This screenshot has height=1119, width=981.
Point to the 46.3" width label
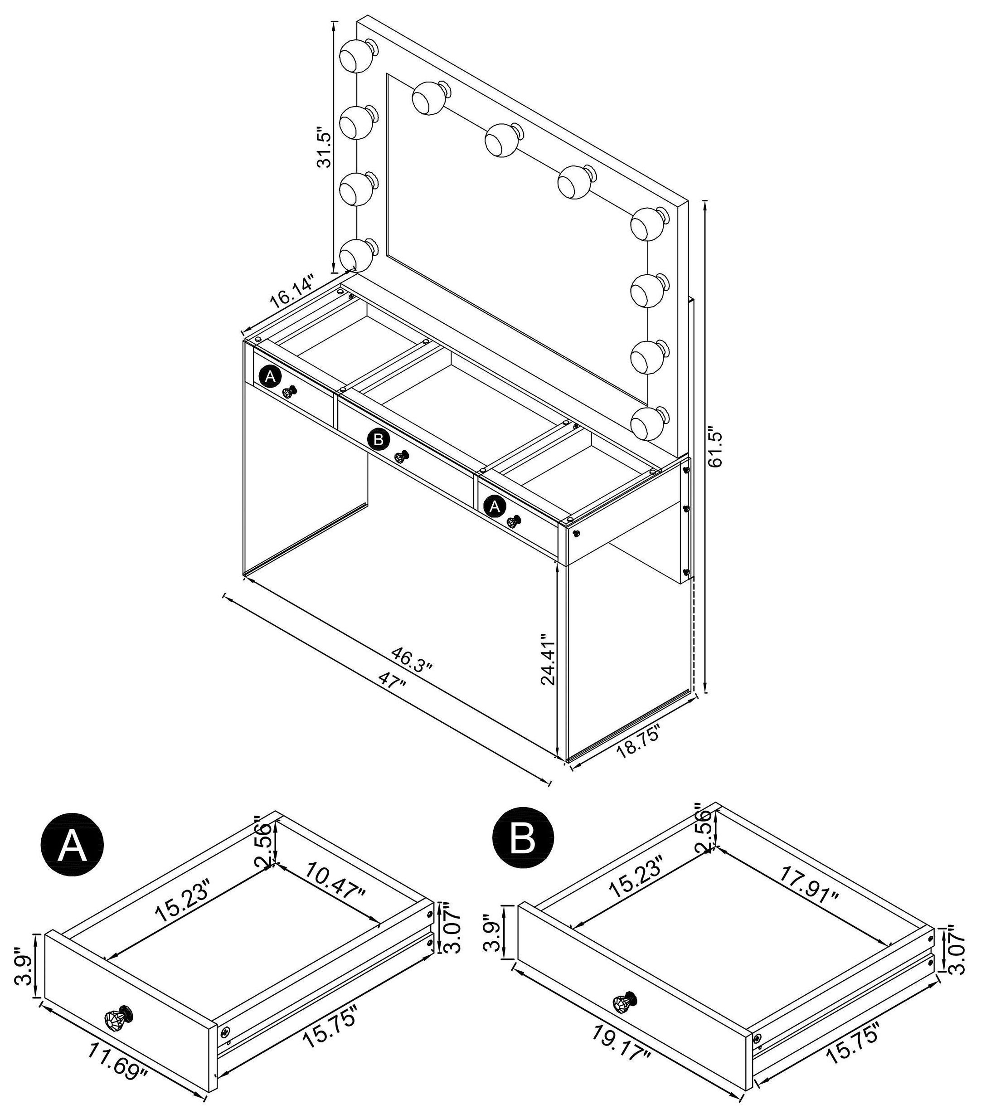pos(412,659)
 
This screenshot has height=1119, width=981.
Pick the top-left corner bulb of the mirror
pos(356,55)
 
